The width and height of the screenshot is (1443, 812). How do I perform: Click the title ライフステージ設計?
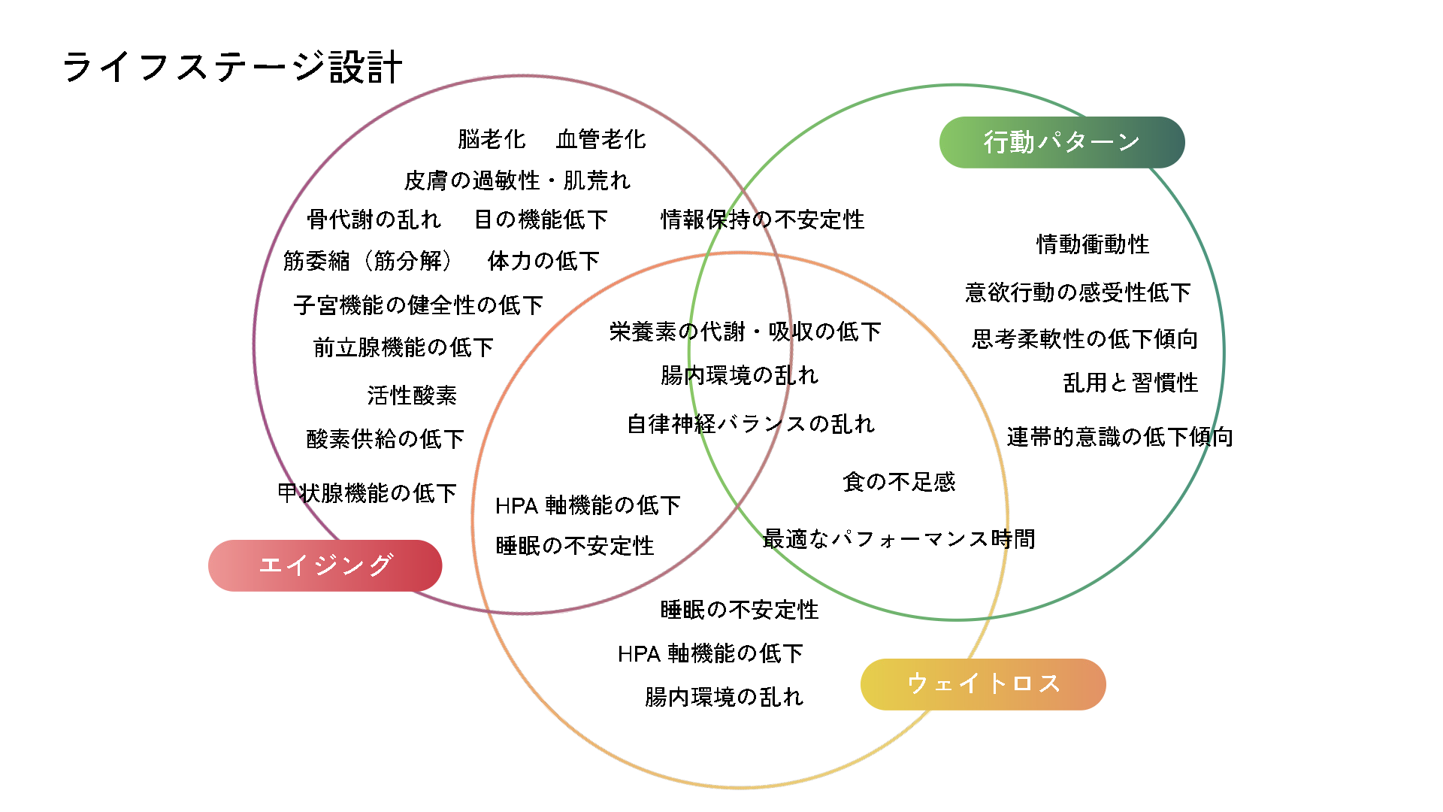232,67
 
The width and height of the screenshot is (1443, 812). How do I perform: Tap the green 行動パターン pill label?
1061,142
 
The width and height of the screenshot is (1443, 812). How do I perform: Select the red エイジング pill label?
325,565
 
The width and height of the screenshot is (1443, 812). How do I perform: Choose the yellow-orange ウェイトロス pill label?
983,684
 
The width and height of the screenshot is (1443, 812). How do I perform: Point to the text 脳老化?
492,139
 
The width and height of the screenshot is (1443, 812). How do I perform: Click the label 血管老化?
600,139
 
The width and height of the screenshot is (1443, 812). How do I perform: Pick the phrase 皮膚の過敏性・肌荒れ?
517,180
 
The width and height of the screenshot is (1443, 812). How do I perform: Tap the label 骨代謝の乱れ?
374,220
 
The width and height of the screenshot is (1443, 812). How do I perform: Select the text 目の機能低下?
540,220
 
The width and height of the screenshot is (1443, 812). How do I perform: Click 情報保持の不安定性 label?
762,220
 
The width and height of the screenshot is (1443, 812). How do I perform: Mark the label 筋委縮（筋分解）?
368,261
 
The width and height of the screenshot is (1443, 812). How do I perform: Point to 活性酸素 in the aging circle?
412,395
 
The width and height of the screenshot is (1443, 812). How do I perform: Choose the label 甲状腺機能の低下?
367,493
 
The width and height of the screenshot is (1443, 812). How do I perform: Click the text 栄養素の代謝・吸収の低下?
745,332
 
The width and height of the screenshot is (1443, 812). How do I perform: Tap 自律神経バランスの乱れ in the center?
751,424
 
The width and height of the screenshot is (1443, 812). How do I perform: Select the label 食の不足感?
899,482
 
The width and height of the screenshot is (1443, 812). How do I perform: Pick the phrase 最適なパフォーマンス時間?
899,539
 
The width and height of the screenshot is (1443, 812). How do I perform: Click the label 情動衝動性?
1093,244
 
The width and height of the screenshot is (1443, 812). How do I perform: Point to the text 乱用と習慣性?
1130,383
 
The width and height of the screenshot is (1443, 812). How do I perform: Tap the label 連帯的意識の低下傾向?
1120,437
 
